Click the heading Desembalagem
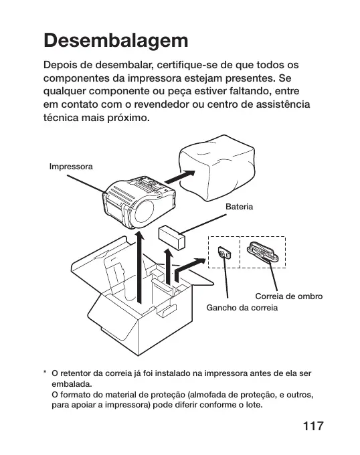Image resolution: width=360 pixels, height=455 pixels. [116, 41]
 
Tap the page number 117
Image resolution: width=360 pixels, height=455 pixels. [313, 426]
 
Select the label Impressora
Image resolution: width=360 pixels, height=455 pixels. [71, 167]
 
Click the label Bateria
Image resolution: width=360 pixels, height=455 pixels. [240, 207]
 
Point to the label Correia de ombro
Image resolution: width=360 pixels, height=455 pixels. [289, 296]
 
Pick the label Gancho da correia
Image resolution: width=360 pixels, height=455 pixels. [242, 308]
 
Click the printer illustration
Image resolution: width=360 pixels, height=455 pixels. [139, 203]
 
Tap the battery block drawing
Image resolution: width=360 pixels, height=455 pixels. [172, 238]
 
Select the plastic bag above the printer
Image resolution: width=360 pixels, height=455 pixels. [217, 168]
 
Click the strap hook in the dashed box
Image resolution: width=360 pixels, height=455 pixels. [224, 252]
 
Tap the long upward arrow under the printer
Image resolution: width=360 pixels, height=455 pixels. [140, 267]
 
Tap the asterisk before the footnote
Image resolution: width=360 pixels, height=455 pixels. [45, 372]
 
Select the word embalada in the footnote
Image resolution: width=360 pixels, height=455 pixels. [71, 384]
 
